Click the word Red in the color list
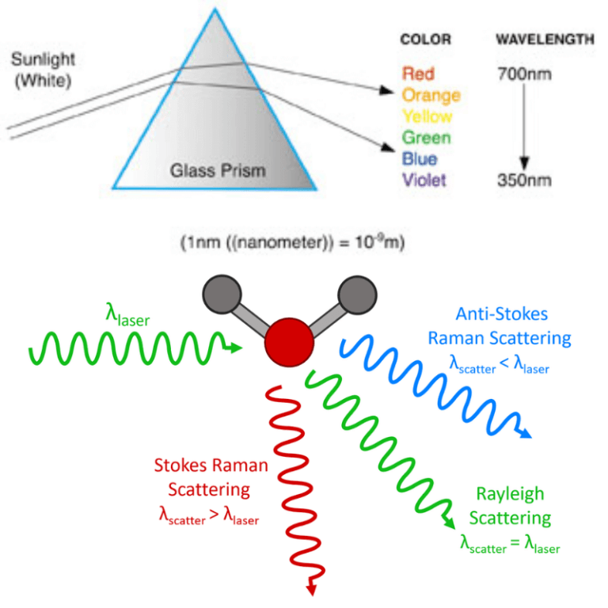pos(418,74)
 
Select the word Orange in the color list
pos(431,95)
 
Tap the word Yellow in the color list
pos(427,116)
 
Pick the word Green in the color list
pos(426,138)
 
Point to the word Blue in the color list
pos(420,158)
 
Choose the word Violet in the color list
pos(424,180)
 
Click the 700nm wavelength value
pos(524,74)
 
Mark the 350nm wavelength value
pos(524,180)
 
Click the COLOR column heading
pos(425,40)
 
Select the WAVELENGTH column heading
pos(545,40)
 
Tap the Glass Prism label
pos(219,170)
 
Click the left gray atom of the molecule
pos(218,293)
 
